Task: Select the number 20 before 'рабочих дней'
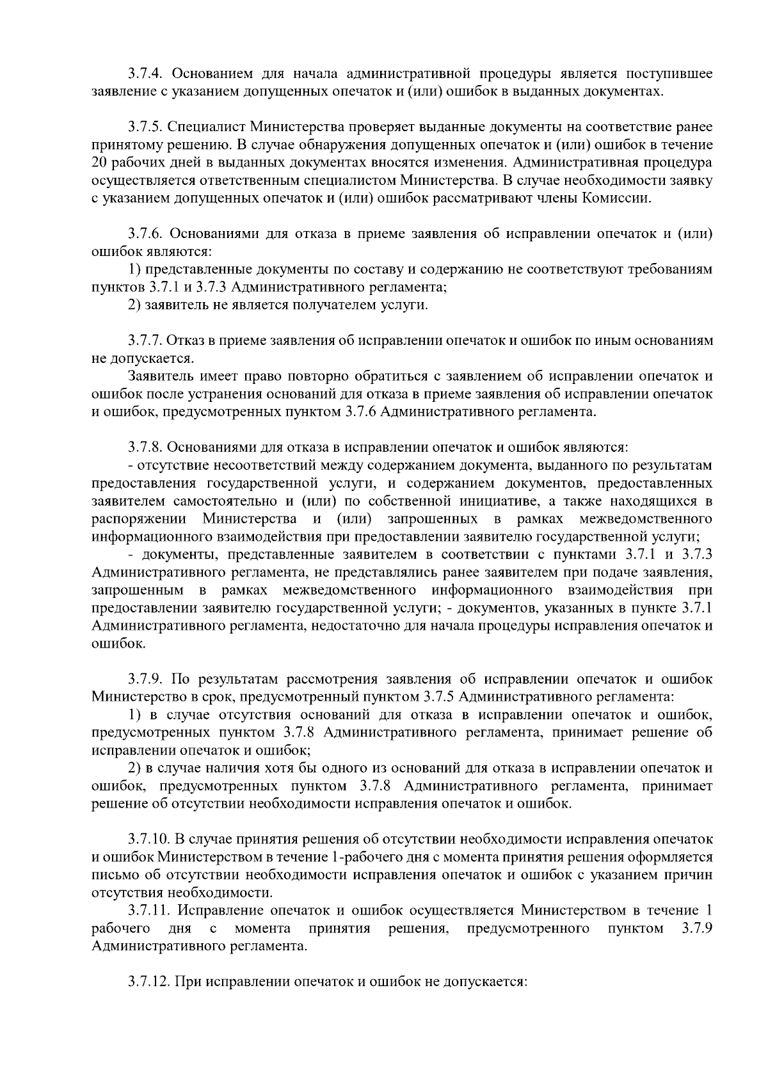click(100, 163)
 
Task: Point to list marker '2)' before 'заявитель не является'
click(134, 305)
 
